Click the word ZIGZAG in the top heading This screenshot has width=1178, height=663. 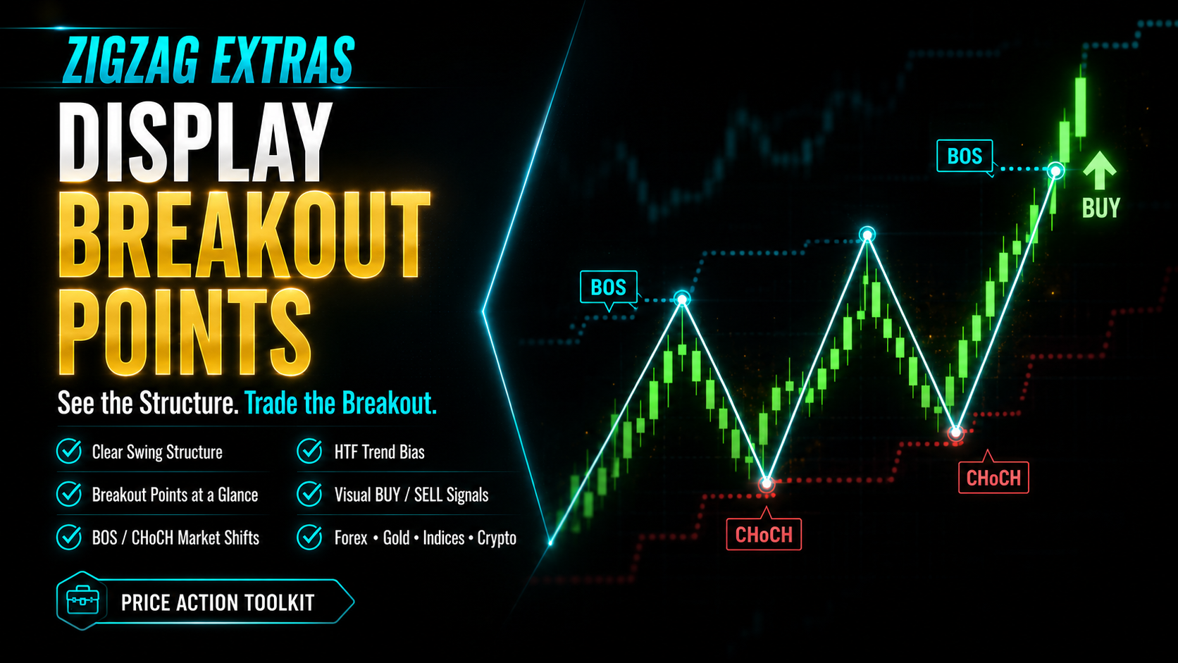coord(131,60)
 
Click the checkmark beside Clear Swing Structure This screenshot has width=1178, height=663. coord(69,451)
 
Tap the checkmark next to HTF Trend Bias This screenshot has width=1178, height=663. coord(309,451)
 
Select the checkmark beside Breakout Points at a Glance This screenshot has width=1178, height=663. coord(69,494)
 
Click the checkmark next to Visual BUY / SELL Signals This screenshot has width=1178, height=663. coord(309,494)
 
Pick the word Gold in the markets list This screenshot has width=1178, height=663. coord(396,538)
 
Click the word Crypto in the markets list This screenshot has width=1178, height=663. coord(497,538)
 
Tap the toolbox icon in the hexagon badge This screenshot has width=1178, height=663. coord(82,600)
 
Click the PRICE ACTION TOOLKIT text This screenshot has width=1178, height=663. coord(218,602)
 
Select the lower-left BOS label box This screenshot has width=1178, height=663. coord(609,287)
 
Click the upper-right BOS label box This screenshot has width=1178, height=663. coord(965,156)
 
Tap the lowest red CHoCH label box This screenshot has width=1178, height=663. coord(764,534)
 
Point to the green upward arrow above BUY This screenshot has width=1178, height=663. coord(1100,171)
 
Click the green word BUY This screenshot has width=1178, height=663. coord(1101,209)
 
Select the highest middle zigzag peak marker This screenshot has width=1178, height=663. coord(867,235)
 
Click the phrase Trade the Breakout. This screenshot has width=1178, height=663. coord(341,403)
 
